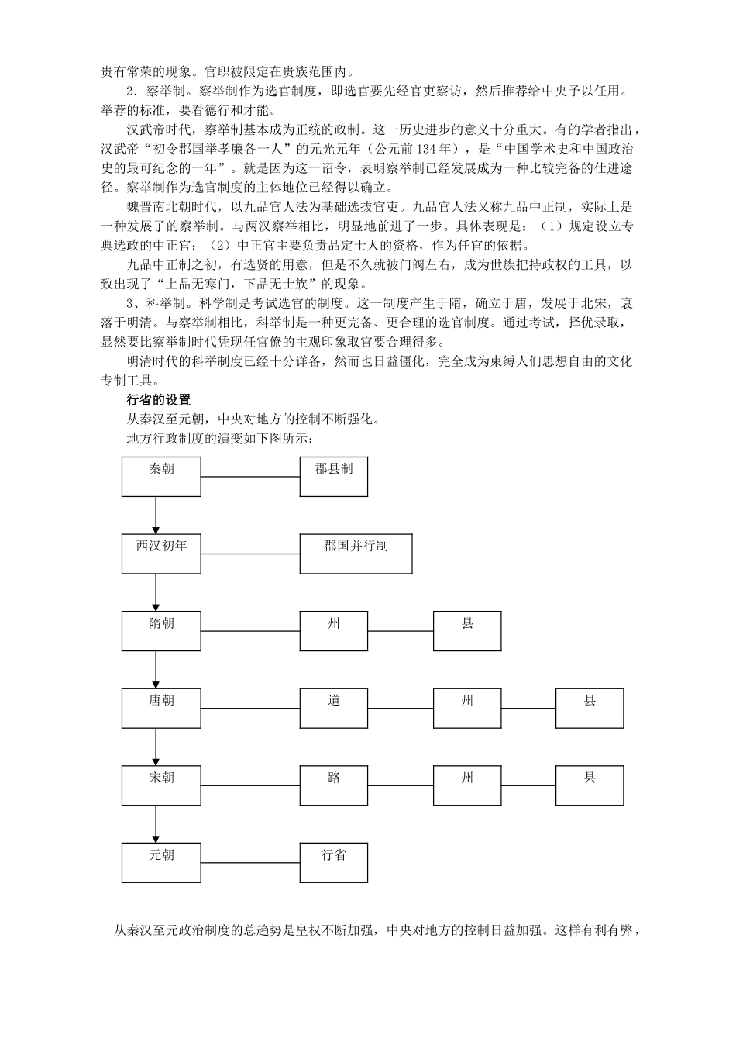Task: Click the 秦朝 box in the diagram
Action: [161, 476]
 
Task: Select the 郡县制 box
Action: [334, 476]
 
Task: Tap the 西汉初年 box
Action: [161, 554]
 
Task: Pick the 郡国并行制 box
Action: [356, 554]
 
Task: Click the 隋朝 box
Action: [161, 630]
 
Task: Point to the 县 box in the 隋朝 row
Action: [467, 630]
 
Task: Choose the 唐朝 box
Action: [161, 708]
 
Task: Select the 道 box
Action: [334, 708]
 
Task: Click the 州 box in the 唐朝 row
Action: [467, 708]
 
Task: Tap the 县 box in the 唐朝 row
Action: [590, 708]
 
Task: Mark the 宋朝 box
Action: [161, 785]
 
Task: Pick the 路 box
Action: [334, 785]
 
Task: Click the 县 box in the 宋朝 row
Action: [590, 785]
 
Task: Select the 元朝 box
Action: [161, 862]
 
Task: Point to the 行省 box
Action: [334, 862]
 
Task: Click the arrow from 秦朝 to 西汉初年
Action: [156, 515]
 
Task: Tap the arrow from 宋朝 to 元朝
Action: [156, 823]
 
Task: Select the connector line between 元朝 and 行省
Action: [250, 863]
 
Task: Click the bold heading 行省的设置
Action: [158, 400]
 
